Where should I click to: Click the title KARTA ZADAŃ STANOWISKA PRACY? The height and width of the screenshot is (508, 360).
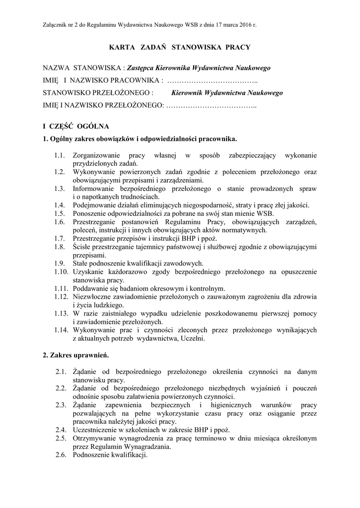click(180, 47)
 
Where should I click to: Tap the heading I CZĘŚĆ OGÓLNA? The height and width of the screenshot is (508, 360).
click(76, 126)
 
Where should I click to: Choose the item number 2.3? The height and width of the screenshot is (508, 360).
click(61, 405)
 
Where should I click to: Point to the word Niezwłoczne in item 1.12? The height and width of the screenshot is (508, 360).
click(92, 297)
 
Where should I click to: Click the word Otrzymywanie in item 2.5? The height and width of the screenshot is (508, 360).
click(94, 438)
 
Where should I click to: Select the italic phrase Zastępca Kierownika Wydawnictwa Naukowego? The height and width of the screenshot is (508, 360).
click(198, 67)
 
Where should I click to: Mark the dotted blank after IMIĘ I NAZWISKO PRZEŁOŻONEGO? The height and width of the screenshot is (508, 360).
click(212, 105)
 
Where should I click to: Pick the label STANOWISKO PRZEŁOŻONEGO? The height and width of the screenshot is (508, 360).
click(97, 92)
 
